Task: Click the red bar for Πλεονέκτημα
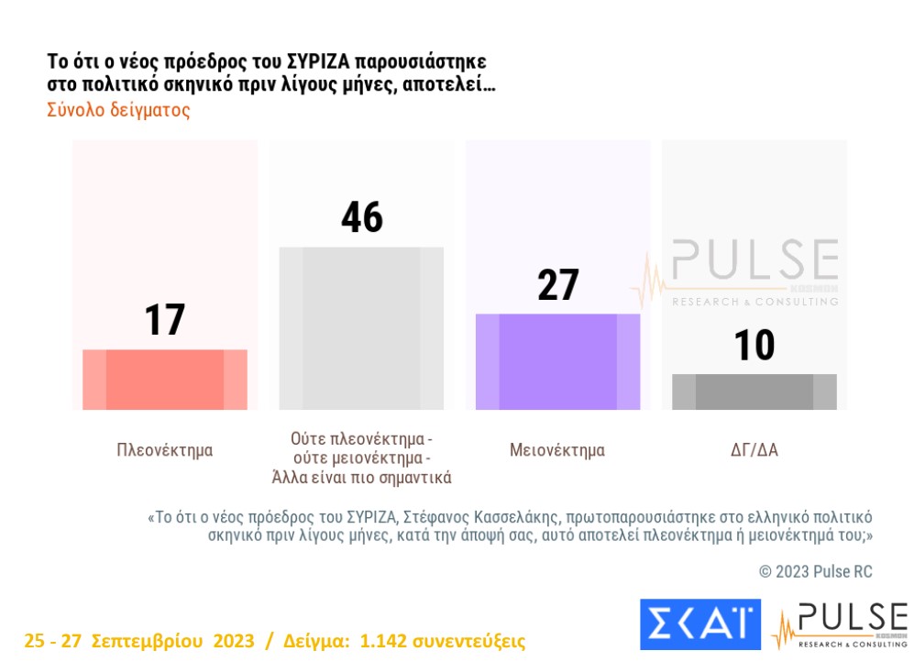pos(165,380)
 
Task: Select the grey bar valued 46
pos(361,328)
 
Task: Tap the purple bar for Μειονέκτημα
pos(557,362)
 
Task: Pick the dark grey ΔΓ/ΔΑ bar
pos(754,392)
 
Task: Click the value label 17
pos(165,320)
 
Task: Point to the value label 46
pos(361,218)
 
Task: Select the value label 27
pos(557,285)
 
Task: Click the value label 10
pos(754,346)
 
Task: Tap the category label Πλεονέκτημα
pos(165,450)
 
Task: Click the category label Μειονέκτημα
pos(557,450)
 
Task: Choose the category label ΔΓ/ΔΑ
pos(754,450)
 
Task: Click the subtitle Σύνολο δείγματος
pos(118,110)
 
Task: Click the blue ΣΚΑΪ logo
pos(700,623)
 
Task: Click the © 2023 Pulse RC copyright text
pos(815,572)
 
